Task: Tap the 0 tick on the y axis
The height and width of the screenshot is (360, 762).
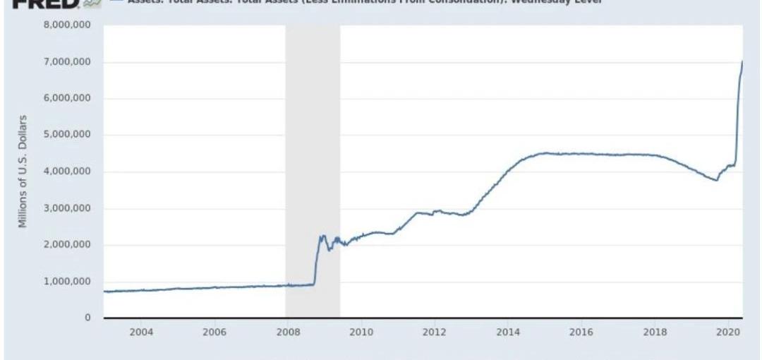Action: (x=88, y=318)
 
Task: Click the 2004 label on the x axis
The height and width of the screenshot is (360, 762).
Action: (x=140, y=332)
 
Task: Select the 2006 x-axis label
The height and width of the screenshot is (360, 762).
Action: (x=214, y=332)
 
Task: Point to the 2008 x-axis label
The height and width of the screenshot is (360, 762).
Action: (x=287, y=332)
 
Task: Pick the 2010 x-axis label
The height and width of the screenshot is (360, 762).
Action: (x=361, y=332)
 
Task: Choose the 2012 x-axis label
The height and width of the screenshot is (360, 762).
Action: (x=434, y=332)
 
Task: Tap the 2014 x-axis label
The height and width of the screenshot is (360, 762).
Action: (x=507, y=332)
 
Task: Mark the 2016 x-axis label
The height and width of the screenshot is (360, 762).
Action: (x=581, y=332)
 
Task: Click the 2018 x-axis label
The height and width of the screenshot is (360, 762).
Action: (x=654, y=332)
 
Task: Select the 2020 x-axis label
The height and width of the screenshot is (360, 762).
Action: (x=727, y=332)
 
